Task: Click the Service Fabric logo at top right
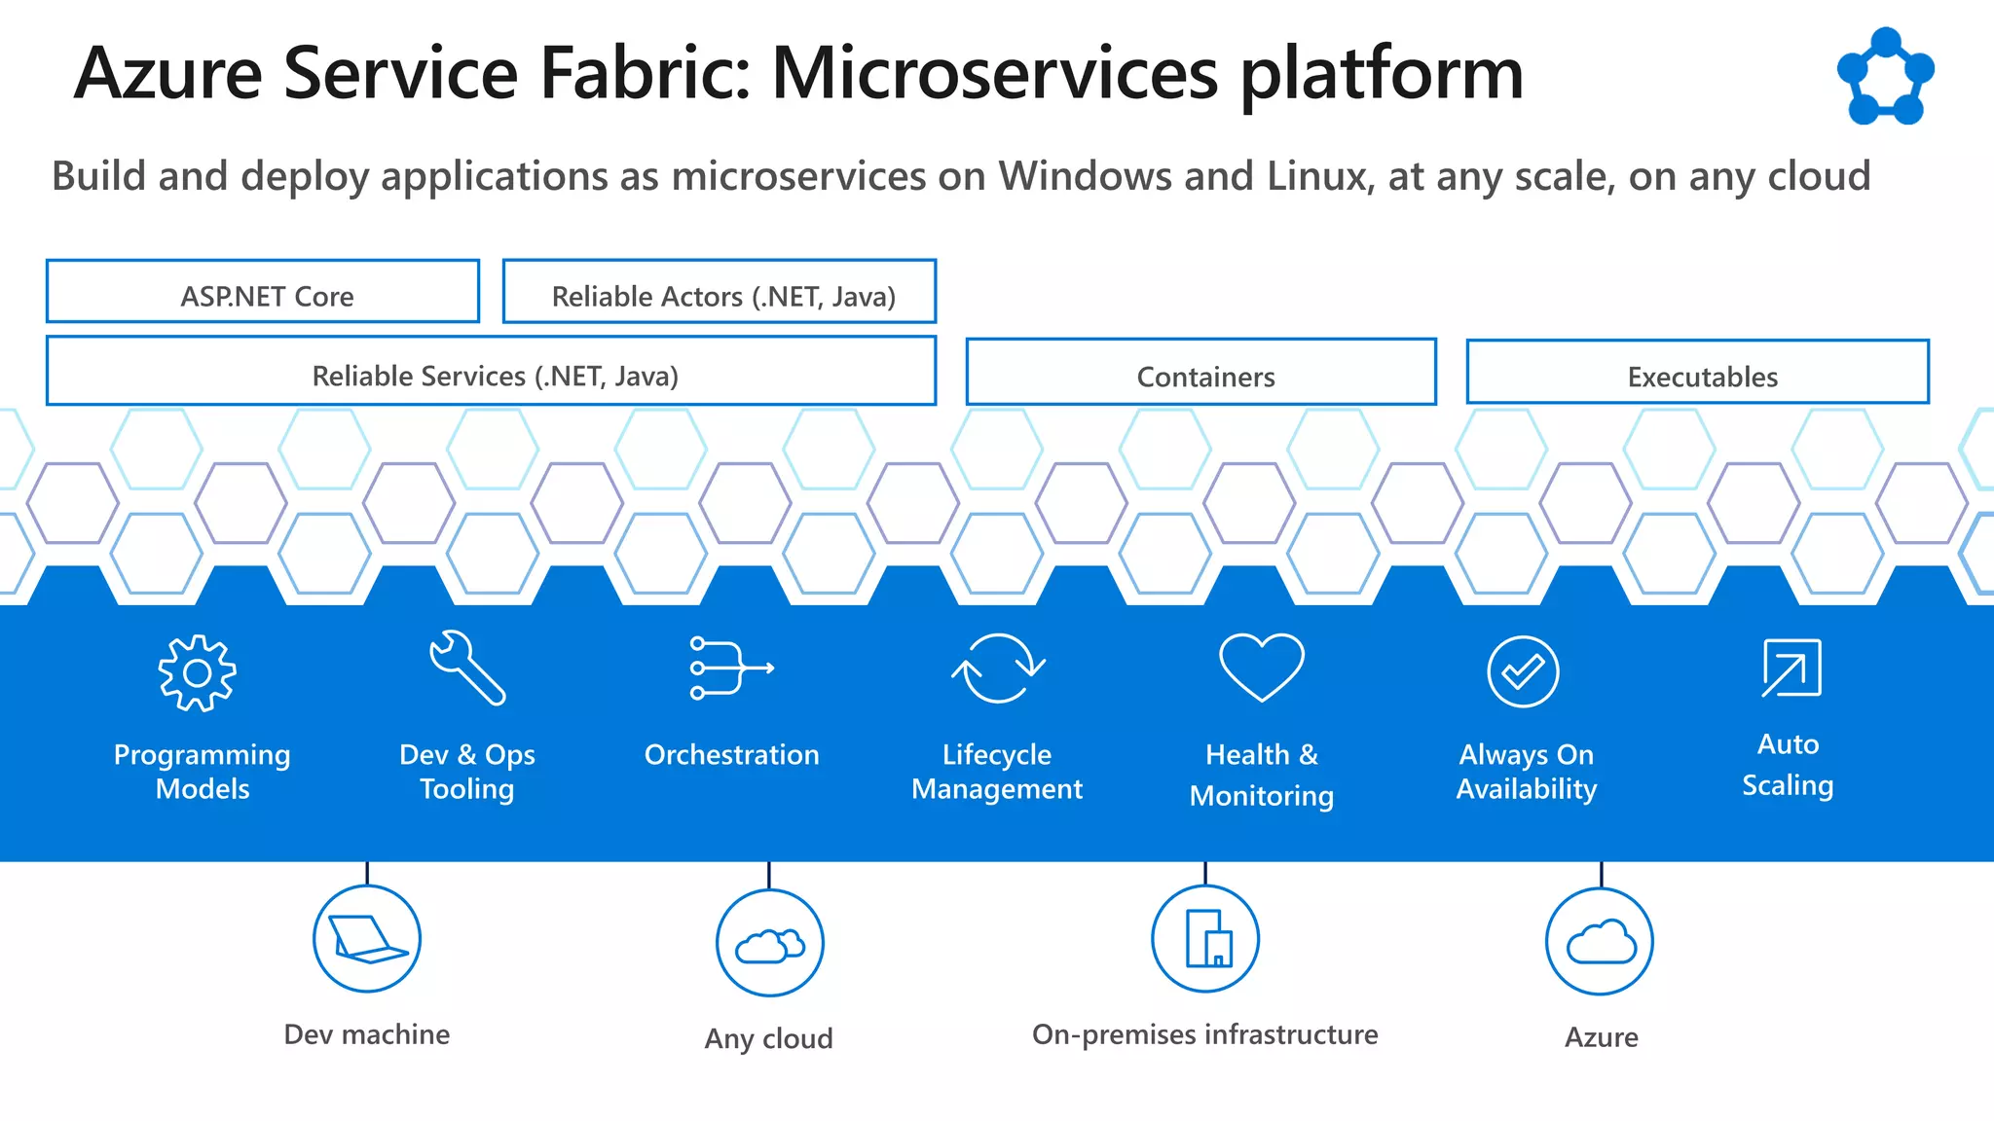tap(1886, 78)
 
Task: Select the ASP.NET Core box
tap(263, 292)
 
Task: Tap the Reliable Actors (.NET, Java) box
tap(720, 292)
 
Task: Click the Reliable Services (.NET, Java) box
tap(492, 372)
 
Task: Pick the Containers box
tap(1201, 373)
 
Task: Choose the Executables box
tap(1698, 373)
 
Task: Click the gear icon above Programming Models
tap(198, 673)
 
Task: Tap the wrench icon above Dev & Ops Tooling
tap(467, 668)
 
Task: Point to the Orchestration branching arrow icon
tap(730, 668)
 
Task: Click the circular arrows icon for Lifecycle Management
tap(998, 669)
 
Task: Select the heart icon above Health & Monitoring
tap(1262, 667)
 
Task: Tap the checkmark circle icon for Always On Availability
tap(1524, 671)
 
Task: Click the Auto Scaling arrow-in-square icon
tap(1791, 669)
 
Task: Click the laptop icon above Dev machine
tap(367, 939)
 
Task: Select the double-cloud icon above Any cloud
tap(770, 944)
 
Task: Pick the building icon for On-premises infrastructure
tap(1205, 939)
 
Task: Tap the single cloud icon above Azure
tap(1601, 942)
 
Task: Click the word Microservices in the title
tap(994, 74)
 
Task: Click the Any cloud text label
tap(769, 1038)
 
